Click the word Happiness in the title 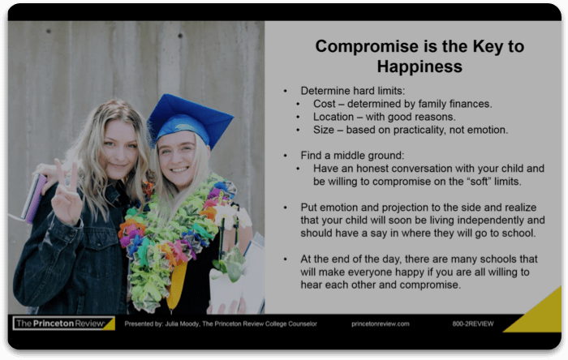(x=420, y=66)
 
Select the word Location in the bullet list (x=336, y=117)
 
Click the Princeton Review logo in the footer (x=63, y=324)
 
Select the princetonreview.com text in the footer (x=380, y=324)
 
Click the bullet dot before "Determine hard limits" (x=286, y=91)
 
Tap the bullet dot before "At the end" (x=286, y=259)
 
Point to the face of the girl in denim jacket (x=119, y=150)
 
